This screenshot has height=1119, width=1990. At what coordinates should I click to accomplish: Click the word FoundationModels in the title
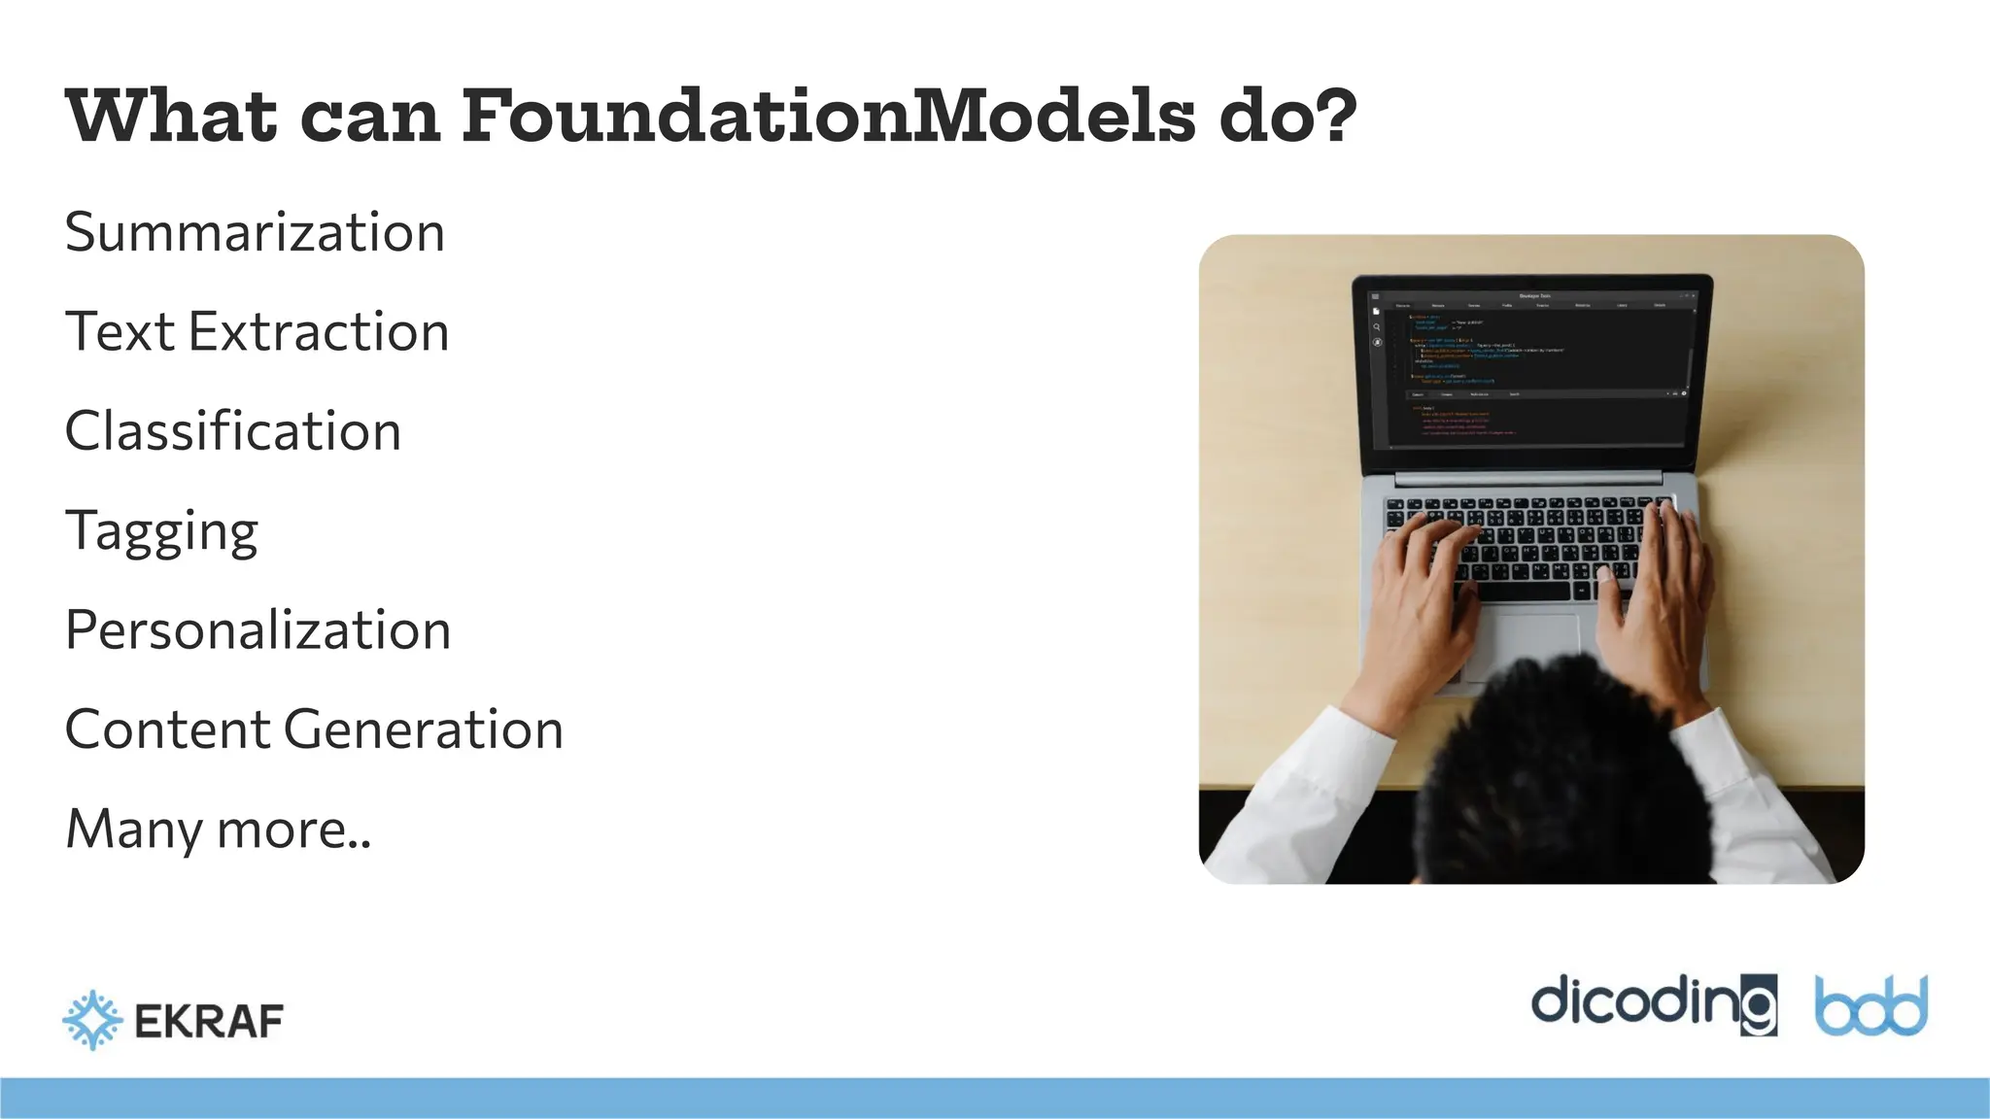click(828, 117)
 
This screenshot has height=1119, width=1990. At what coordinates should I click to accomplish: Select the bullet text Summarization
click(255, 233)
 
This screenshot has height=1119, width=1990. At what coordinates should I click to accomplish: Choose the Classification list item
click(233, 431)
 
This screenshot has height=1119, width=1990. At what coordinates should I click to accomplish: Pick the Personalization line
click(257, 630)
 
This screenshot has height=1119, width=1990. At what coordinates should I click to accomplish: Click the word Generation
click(424, 729)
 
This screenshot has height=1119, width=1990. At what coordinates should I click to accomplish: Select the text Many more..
click(218, 830)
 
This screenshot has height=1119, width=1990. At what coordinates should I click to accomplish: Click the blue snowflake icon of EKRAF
click(92, 1020)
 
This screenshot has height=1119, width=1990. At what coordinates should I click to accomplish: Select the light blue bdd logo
click(1870, 1006)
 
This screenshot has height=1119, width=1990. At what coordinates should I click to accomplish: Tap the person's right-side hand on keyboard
click(1652, 602)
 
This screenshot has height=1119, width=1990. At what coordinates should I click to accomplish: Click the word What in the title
click(171, 117)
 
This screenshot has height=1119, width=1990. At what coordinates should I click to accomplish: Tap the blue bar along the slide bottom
click(995, 1098)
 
